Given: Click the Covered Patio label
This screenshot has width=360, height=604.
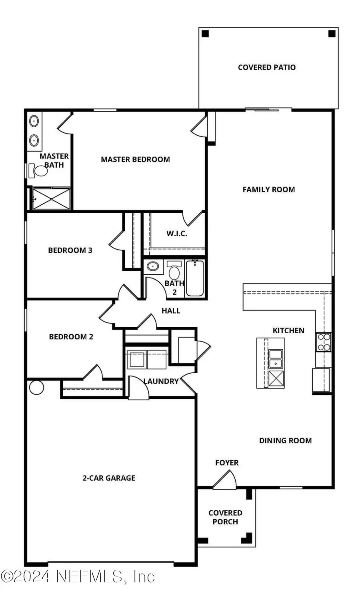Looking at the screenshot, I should point(266,67).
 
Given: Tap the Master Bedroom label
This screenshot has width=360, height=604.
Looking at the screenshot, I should point(135,159).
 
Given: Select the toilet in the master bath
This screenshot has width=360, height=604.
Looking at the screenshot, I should point(39,171).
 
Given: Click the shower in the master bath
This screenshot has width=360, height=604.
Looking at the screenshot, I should point(51,198).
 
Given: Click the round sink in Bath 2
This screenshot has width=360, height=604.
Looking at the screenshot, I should point(153,266).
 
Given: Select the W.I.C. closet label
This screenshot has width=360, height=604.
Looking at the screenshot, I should point(176,234).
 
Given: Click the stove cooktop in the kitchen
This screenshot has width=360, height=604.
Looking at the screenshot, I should point(323,342).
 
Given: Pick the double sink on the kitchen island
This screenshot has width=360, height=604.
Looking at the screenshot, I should point(276,358).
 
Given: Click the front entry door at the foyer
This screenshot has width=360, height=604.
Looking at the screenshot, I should point(225,480).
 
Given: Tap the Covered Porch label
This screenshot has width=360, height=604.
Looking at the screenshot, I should point(225,517).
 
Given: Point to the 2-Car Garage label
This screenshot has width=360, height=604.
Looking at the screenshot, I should point(109,478).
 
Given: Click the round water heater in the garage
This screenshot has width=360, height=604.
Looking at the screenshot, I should point(36,387).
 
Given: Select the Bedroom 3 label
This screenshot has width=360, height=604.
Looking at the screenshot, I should point(70,250).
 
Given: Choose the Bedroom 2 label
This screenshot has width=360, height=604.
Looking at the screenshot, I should point(71,337).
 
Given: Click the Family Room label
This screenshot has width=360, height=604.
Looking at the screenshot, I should point(268,190).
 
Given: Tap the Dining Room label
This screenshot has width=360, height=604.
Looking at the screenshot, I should point(285,440).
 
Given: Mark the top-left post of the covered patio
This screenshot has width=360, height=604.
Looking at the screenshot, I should point(205,34).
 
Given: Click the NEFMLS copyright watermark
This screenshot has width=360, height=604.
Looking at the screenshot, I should point(78,576).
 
